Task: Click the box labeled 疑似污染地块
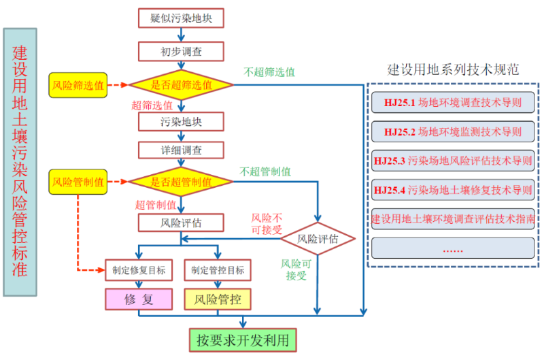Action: coord(181,18)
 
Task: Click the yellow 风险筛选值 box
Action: coord(78,86)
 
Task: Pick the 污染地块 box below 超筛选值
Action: coord(181,122)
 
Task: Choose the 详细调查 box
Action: coord(181,149)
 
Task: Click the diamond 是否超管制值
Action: coord(181,182)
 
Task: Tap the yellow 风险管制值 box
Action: coord(78,182)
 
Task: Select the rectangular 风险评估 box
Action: coord(181,223)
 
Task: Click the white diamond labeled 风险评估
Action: coord(318,239)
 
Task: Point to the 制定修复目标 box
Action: coord(139,270)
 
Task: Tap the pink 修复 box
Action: coord(139,299)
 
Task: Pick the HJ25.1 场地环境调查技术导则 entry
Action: coord(453,103)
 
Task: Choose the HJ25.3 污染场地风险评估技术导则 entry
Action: coord(453,161)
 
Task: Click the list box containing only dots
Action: coord(453,248)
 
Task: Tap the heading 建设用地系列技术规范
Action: coord(453,69)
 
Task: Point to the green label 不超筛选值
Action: coord(270,71)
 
